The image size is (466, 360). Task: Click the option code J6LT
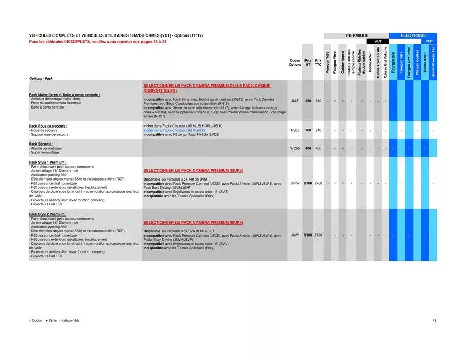click(x=295, y=101)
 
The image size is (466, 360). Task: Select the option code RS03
click(x=295, y=130)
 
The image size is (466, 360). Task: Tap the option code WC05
click(x=295, y=148)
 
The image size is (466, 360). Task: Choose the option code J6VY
click(x=295, y=235)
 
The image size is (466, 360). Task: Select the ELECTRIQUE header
click(x=414, y=35)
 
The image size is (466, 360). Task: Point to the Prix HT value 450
click(x=308, y=101)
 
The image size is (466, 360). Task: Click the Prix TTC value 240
click(x=318, y=130)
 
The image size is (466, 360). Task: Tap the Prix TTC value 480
click(x=318, y=148)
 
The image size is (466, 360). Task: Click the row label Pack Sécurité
click(x=41, y=144)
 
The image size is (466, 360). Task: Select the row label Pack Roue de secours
click(x=48, y=126)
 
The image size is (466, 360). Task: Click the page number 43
click(x=434, y=321)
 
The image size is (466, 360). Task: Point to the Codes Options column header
click(x=295, y=62)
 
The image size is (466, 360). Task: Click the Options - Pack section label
click(x=41, y=78)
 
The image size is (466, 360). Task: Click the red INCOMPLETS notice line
click(x=97, y=41)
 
